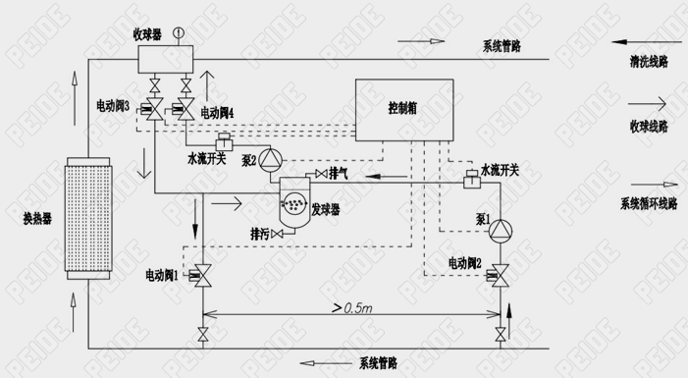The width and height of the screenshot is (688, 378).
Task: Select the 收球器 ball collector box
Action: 163,58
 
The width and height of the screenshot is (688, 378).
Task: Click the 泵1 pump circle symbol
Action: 502,231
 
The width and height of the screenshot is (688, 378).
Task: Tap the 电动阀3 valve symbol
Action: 153,108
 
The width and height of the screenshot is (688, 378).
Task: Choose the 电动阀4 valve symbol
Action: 183,108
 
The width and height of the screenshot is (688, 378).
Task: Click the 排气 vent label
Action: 340,174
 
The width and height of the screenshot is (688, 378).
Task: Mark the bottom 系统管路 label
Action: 377,363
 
